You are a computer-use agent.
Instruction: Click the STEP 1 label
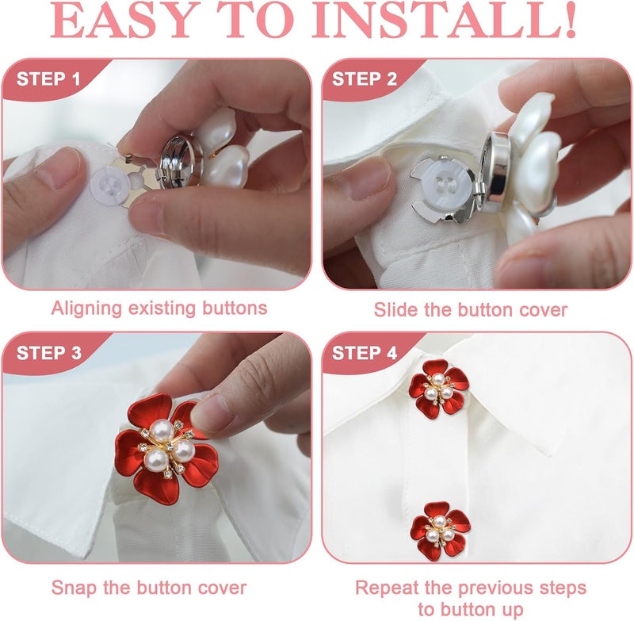(x=48, y=79)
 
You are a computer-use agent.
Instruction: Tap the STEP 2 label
(x=365, y=79)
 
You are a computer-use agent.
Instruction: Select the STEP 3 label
(x=49, y=353)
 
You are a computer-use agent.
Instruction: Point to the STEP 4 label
(x=365, y=353)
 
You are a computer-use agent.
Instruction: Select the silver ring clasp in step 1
(x=179, y=162)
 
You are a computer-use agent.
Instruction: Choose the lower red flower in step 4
(x=441, y=531)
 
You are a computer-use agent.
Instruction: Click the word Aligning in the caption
(x=86, y=309)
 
